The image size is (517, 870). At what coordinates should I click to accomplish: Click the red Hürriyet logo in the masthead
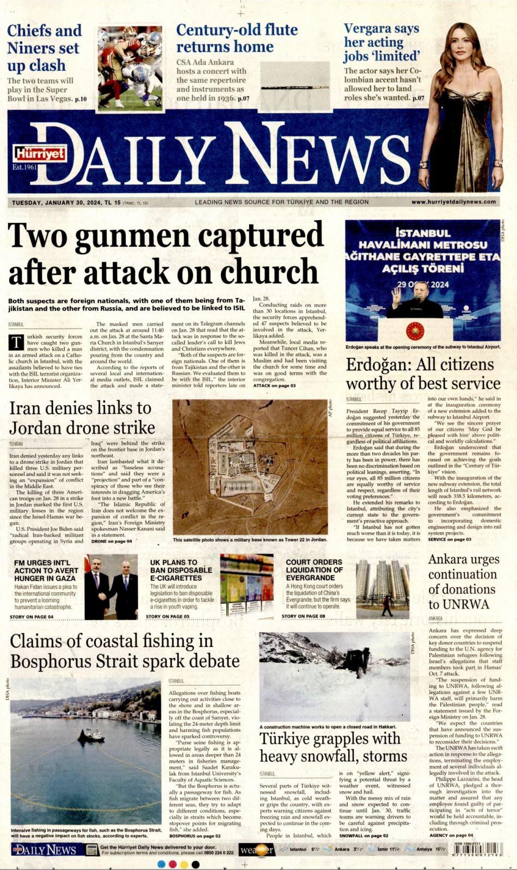point(40,154)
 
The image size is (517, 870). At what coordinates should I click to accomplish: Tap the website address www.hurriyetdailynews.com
point(453,202)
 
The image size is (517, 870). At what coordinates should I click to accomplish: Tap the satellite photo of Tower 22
point(250,467)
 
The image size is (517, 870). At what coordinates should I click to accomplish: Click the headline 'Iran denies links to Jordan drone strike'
point(82,418)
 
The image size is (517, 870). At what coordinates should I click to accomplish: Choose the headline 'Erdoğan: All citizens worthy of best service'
point(423,374)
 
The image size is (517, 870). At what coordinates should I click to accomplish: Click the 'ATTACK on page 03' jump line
point(274,386)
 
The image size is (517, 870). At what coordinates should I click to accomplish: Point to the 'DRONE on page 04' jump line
point(111,542)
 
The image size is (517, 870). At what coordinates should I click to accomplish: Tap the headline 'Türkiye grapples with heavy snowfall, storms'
point(333,747)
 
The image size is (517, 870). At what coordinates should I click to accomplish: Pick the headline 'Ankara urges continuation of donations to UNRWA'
point(463,582)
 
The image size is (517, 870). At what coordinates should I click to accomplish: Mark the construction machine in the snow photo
point(354,662)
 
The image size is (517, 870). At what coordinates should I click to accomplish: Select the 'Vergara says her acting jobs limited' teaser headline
point(381,42)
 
